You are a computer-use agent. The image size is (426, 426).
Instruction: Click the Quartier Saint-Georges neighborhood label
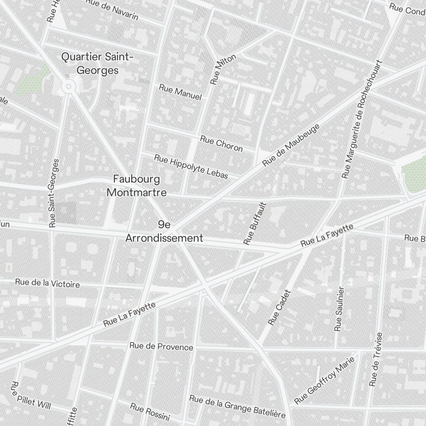(98, 63)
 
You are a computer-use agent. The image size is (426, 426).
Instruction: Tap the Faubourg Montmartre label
(136, 185)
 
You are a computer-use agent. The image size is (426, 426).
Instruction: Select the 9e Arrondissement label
(164, 231)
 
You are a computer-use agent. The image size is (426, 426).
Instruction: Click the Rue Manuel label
(180, 92)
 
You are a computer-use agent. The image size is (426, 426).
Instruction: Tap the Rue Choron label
(221, 143)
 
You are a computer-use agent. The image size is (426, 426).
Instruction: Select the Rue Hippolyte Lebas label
(191, 167)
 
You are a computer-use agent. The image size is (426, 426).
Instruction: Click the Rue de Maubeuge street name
(291, 145)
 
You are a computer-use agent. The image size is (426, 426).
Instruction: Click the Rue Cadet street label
(279, 308)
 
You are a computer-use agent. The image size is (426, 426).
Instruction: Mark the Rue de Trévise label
(376, 360)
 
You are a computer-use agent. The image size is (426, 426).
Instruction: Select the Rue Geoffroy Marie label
(325, 381)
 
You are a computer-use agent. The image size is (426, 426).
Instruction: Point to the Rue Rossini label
(150, 412)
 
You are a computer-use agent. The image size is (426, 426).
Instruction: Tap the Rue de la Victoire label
(47, 283)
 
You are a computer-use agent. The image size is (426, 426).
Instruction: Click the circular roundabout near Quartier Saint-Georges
(68, 87)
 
